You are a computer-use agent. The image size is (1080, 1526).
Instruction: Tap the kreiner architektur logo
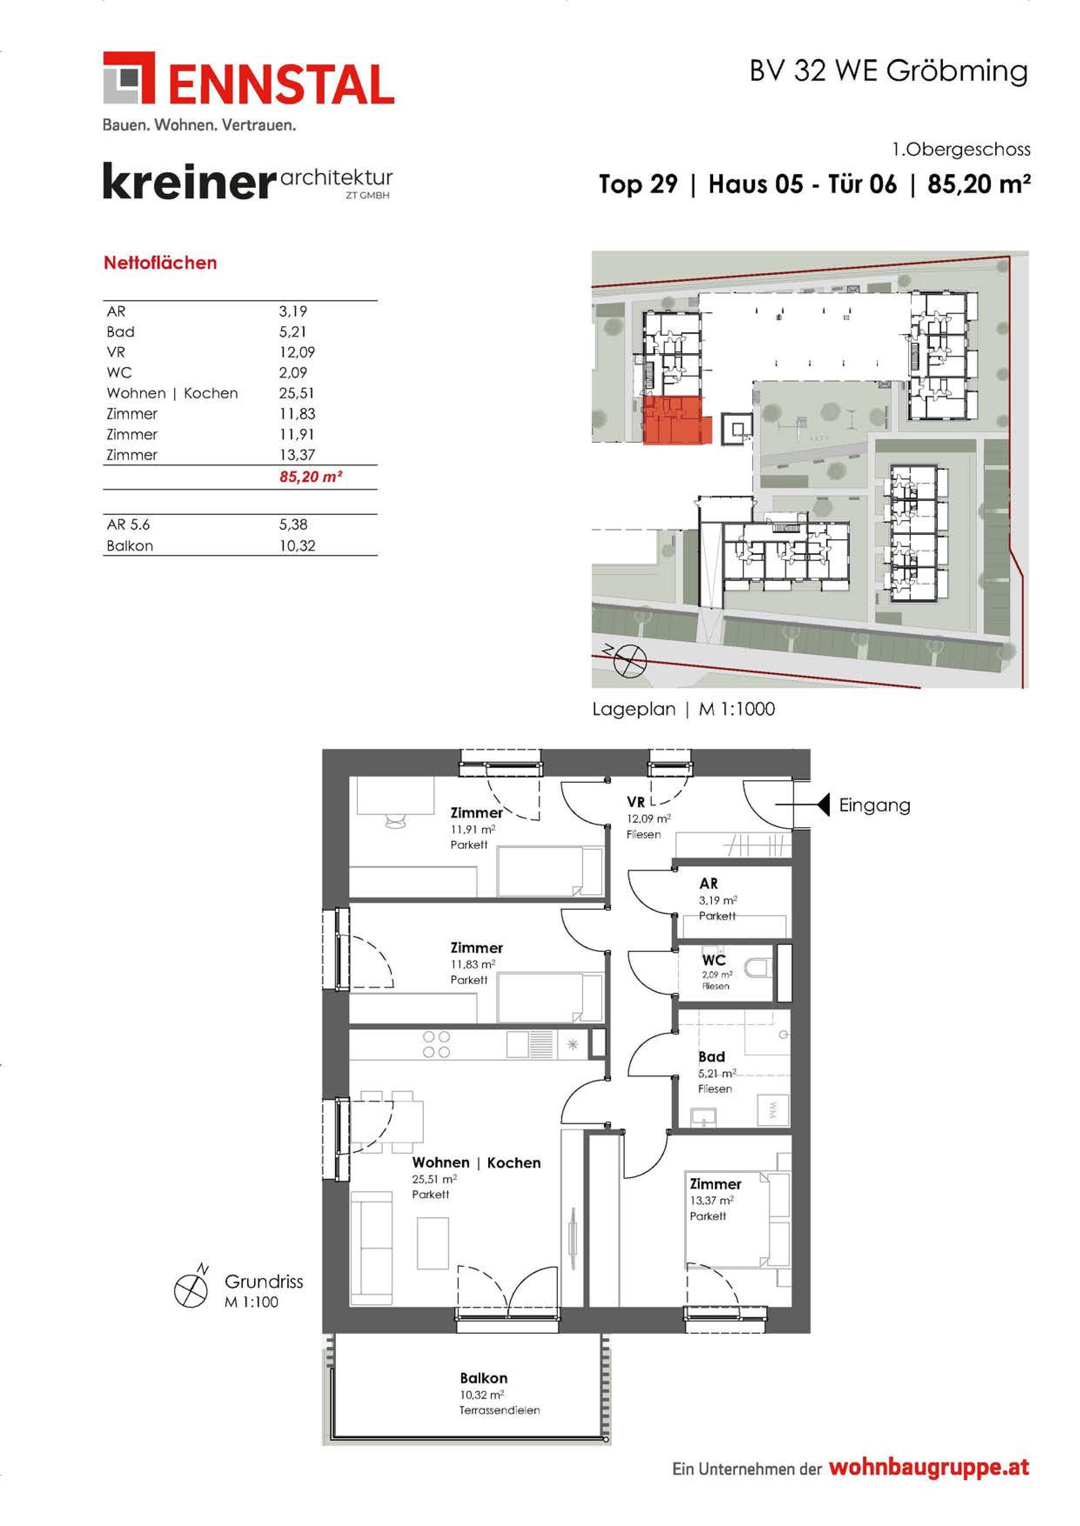248,183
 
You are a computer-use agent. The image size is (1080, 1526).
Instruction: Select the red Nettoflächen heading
160,263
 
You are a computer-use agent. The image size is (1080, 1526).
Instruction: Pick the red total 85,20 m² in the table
310,477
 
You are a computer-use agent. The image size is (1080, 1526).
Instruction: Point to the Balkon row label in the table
130,546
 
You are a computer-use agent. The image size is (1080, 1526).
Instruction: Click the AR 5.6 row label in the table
128,524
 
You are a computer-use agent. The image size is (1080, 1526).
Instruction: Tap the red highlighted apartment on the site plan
676,421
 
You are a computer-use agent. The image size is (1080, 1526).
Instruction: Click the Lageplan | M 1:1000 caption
684,709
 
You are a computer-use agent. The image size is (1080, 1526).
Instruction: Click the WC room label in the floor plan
714,960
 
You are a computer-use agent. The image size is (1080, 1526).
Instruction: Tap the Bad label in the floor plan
711,1057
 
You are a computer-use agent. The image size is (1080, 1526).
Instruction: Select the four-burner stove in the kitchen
436,1044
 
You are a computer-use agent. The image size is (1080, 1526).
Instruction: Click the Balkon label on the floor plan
483,1379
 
